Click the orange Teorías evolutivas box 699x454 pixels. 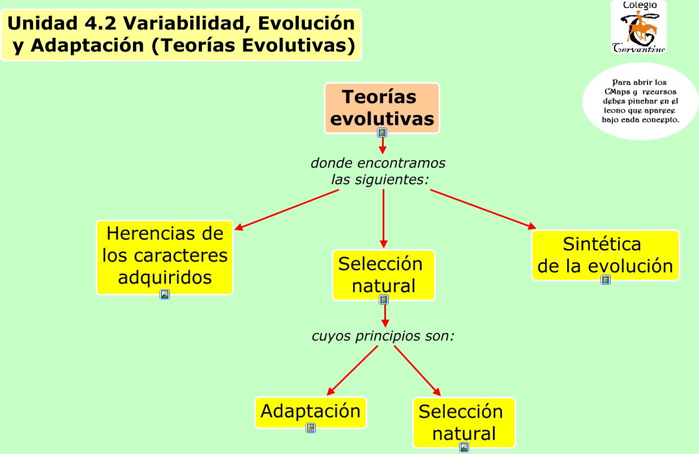point(382,107)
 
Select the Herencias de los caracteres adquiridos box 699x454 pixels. point(165,256)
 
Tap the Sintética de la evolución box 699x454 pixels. point(605,254)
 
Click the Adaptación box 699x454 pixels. point(310,411)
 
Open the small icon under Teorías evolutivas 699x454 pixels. point(383,132)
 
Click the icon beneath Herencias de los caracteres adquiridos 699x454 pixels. point(165,294)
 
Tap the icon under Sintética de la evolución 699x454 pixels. point(606,280)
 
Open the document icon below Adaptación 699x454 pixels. point(311,428)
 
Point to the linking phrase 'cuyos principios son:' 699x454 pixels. point(383,336)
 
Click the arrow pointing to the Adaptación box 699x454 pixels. point(352,370)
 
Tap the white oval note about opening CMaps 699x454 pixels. point(641,101)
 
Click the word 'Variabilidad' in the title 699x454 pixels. point(186,24)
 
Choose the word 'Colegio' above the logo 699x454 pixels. point(640,5)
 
